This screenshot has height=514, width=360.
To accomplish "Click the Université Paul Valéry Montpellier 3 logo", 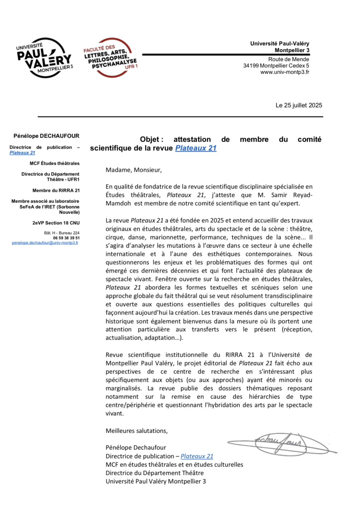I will click(x=45, y=58).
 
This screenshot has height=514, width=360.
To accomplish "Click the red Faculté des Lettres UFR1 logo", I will click(x=111, y=58).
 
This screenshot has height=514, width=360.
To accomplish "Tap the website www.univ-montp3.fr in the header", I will click(x=285, y=72).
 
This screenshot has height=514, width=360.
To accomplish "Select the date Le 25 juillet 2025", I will click(x=299, y=105).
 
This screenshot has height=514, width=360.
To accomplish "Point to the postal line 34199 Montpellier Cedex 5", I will click(x=276, y=66).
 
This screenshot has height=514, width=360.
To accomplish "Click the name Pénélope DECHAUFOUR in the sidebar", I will click(x=46, y=136).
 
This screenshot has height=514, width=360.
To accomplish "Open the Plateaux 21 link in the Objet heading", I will click(x=196, y=148).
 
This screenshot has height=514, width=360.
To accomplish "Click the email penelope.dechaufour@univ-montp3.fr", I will click(x=45, y=243).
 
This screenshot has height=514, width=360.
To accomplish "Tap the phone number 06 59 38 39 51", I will click(x=66, y=238).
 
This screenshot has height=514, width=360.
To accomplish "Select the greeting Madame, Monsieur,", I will click(x=134, y=170).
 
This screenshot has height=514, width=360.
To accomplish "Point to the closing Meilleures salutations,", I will click(x=137, y=431).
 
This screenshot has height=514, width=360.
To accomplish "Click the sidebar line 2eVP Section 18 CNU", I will click(x=56, y=223).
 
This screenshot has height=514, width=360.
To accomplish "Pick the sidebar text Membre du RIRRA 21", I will click(x=56, y=190).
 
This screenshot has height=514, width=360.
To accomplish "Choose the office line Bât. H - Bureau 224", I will click(x=62, y=233).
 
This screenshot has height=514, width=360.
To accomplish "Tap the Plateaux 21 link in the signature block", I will click(x=197, y=456).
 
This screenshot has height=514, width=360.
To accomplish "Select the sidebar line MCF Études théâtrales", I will click(x=54, y=163).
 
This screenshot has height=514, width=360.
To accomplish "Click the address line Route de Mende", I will click(x=288, y=59).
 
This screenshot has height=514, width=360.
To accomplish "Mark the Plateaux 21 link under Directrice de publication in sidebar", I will click(x=22, y=153).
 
